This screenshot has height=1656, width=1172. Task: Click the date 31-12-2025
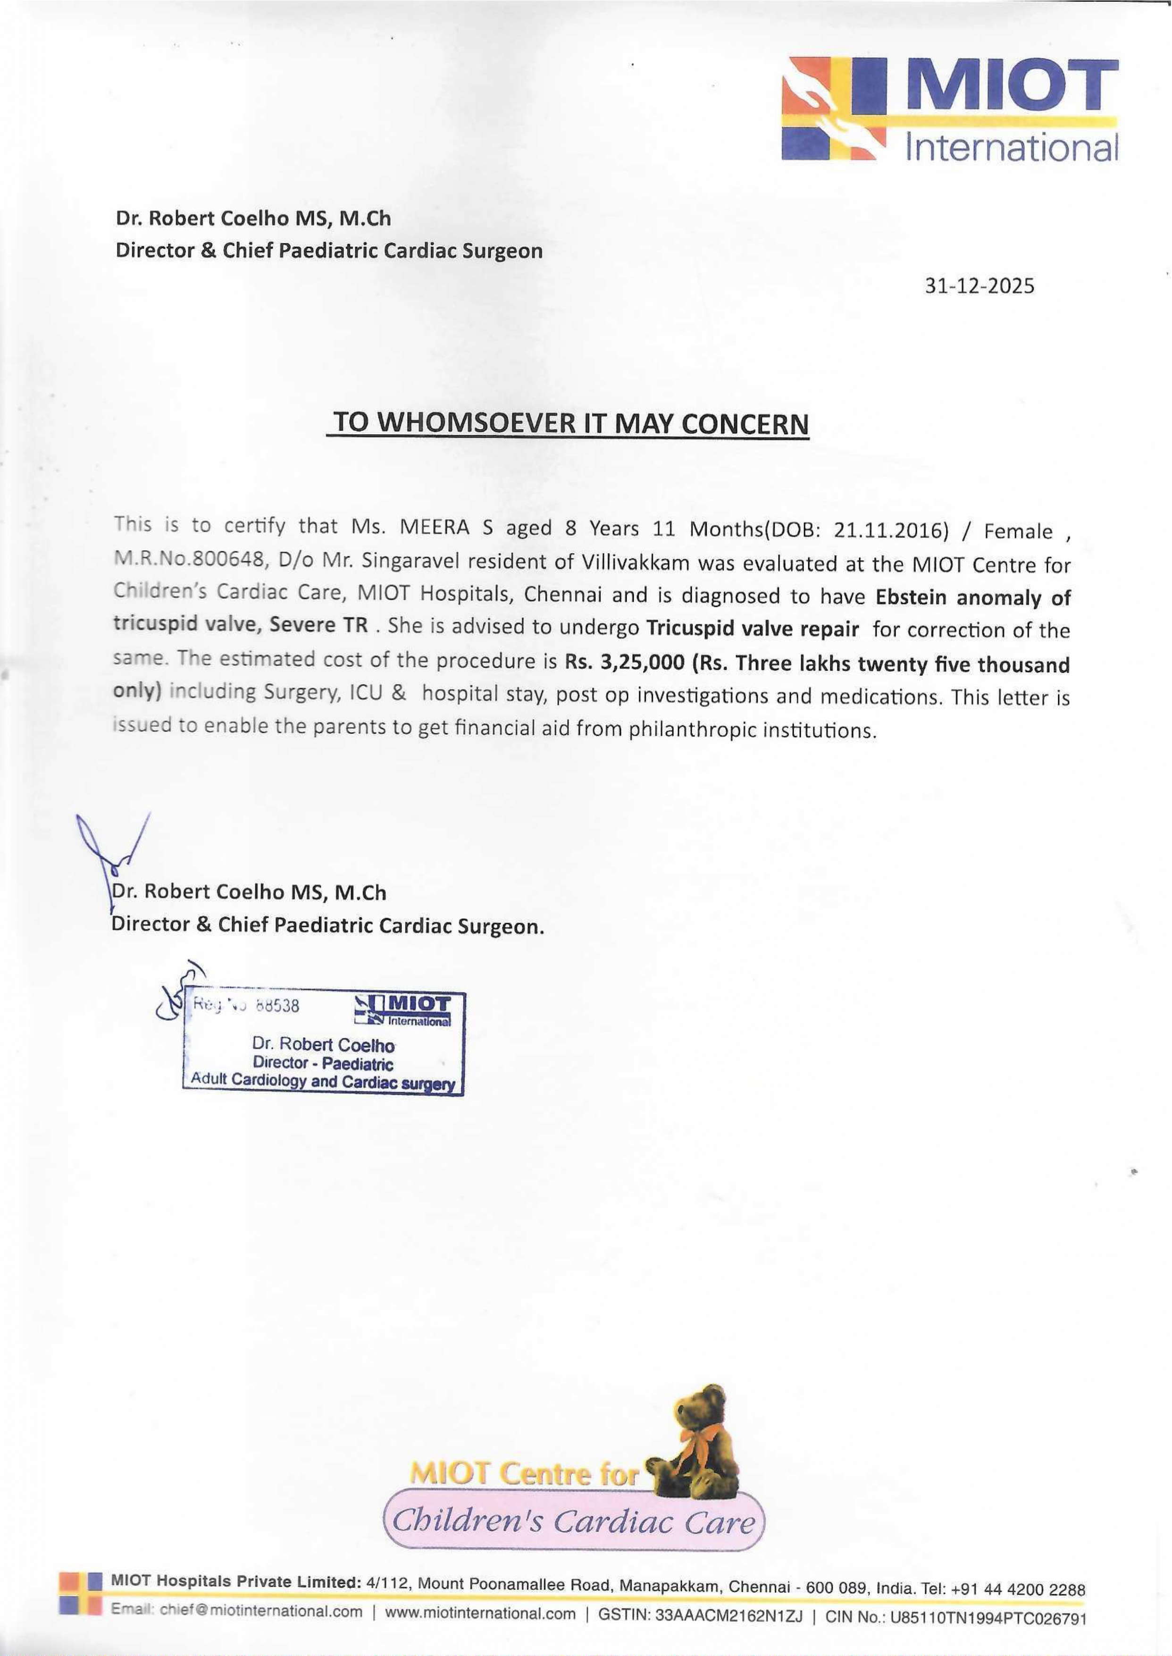(979, 286)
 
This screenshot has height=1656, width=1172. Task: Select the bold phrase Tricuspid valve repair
(752, 628)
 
